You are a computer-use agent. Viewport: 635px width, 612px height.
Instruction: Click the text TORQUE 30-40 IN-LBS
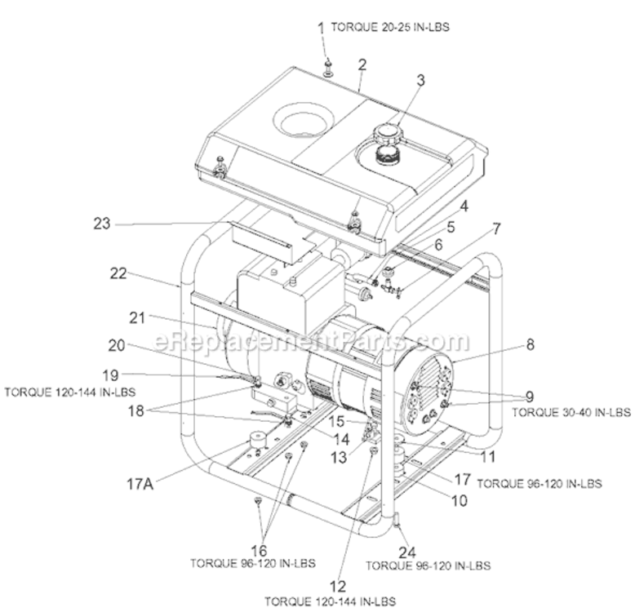(x=571, y=413)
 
